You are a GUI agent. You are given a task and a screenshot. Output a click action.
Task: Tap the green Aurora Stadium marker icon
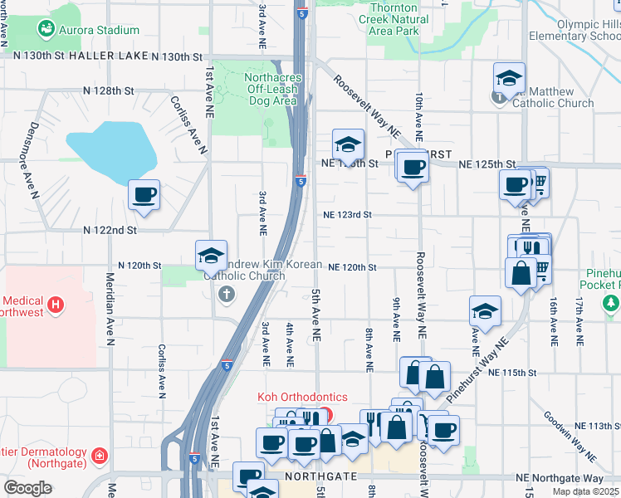point(46,30)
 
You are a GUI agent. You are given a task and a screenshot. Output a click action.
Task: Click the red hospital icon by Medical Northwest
point(56,305)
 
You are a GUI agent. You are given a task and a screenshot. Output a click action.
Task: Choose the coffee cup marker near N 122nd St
point(144,194)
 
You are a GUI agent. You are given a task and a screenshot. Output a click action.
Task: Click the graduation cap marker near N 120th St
point(212,255)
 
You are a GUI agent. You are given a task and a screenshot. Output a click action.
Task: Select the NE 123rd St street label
point(347,214)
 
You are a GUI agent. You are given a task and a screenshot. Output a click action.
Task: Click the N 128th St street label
point(109,90)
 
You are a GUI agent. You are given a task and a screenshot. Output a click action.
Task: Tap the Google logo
point(27,488)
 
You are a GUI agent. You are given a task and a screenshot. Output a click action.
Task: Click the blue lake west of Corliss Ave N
point(112,152)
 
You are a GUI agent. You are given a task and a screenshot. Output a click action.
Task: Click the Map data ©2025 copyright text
point(586,491)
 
